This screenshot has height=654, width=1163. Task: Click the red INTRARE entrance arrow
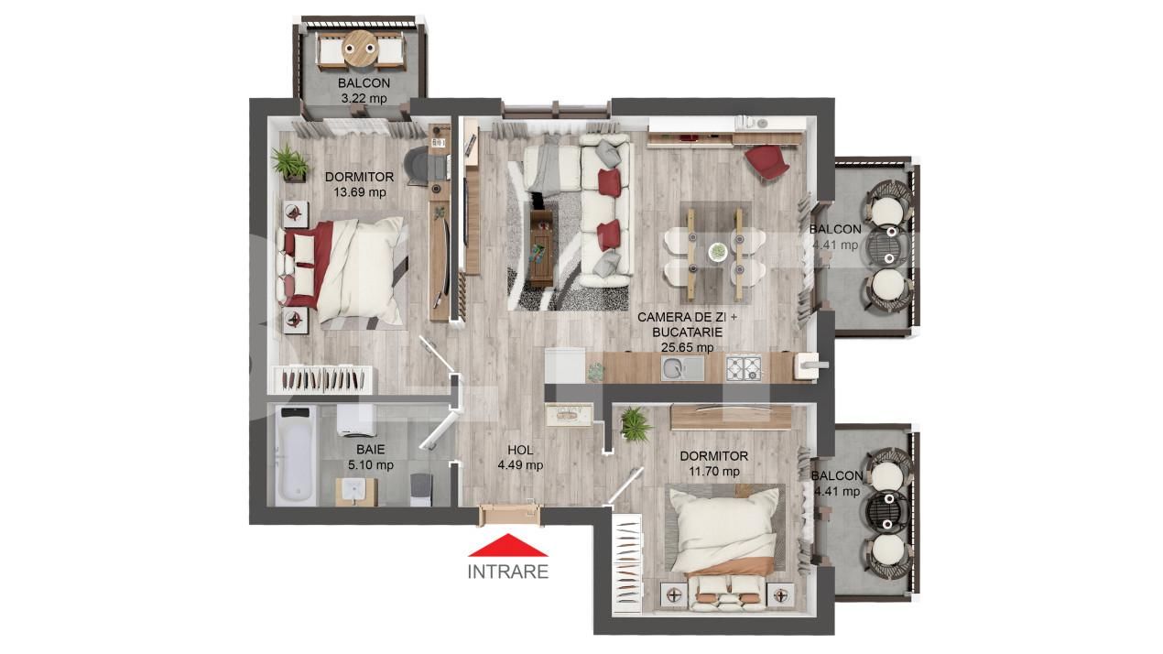[x=508, y=546]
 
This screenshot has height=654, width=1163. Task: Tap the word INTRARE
[x=508, y=572]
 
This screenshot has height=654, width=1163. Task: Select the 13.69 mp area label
[x=359, y=192]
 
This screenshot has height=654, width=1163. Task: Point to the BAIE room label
[x=370, y=450]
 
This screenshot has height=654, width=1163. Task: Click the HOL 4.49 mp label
[x=520, y=457]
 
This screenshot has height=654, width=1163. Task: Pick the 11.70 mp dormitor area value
[x=713, y=471]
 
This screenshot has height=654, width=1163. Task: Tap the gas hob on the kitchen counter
[x=744, y=368]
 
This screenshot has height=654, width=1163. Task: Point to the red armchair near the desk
[x=766, y=163]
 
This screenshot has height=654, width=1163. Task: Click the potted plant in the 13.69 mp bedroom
[x=290, y=162]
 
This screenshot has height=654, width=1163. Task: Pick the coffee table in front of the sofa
[x=542, y=246]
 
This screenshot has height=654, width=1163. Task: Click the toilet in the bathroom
[x=419, y=488]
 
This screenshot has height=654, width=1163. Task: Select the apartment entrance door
[x=509, y=512]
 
